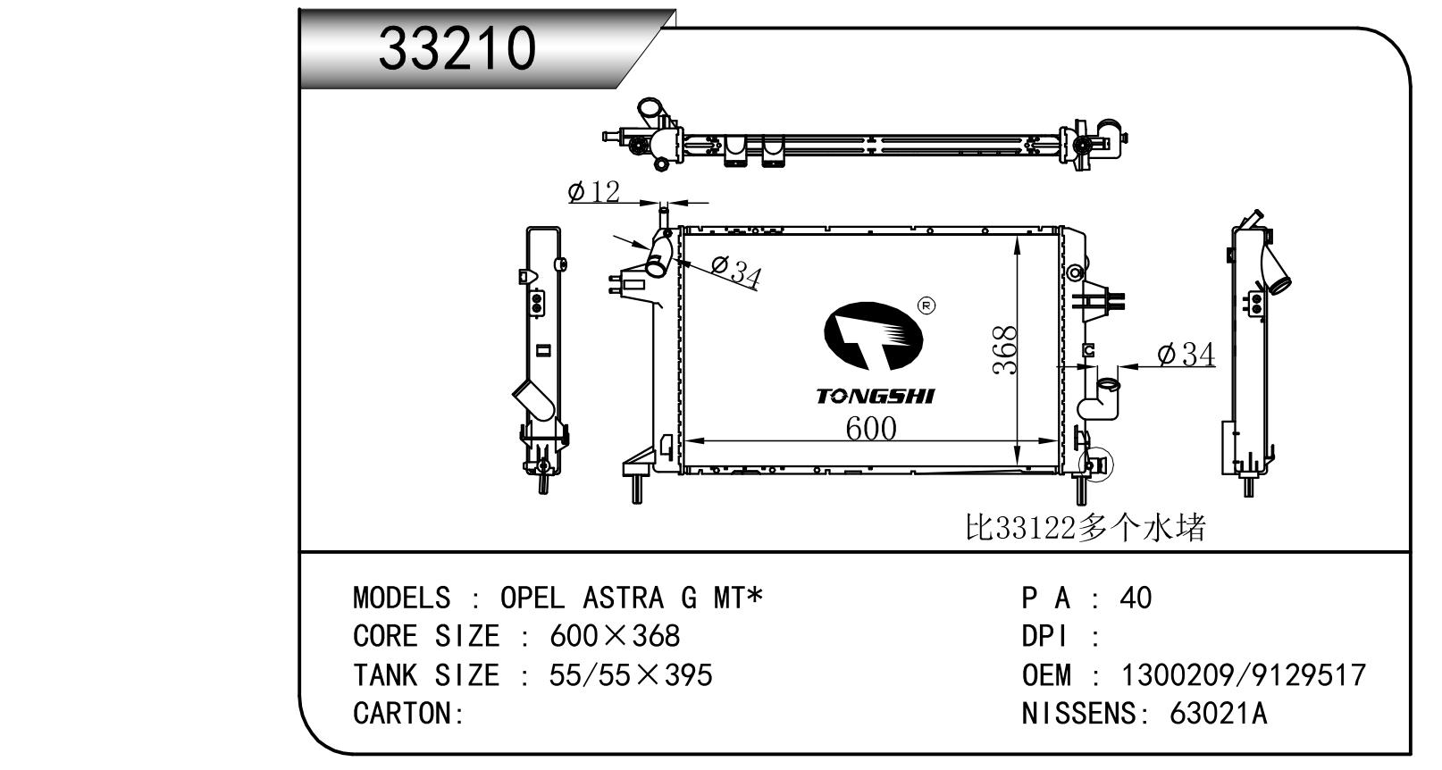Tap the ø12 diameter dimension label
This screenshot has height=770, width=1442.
[593, 191]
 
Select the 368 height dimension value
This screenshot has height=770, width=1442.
[1006, 350]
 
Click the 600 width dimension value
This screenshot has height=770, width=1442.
[870, 429]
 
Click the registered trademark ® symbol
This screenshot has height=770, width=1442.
[926, 306]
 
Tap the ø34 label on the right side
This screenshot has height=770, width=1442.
[1186, 356]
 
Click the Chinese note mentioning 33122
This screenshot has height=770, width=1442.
[1086, 528]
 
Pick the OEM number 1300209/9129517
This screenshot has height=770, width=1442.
[1243, 674]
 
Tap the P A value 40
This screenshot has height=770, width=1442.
[1136, 598]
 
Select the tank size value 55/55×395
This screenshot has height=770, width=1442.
[631, 674]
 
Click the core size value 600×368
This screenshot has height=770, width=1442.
[615, 636]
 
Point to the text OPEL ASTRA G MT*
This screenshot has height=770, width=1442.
[632, 598]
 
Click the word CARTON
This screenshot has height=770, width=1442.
[405, 713]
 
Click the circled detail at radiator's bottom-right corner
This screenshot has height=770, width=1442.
[1095, 464]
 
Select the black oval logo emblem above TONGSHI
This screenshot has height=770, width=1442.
[872, 336]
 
